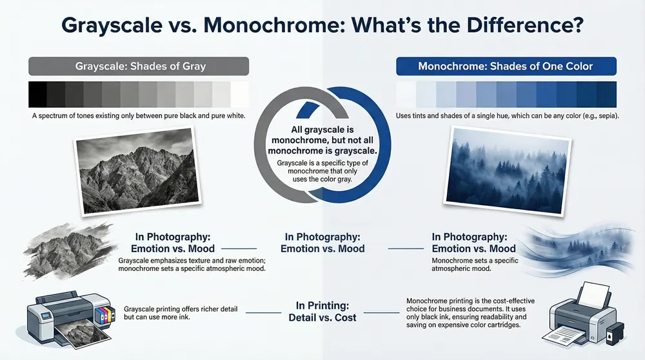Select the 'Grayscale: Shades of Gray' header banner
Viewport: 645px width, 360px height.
[x=138, y=66]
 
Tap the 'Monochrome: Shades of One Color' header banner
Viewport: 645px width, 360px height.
[x=506, y=66]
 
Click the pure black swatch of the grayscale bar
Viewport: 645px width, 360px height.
[x=37, y=94]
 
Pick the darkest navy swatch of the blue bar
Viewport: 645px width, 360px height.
[x=606, y=94]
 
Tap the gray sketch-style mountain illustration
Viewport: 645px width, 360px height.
[x=61, y=248]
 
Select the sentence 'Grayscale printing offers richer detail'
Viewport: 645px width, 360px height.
[x=182, y=310]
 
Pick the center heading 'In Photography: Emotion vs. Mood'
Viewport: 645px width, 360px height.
[x=322, y=243]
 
